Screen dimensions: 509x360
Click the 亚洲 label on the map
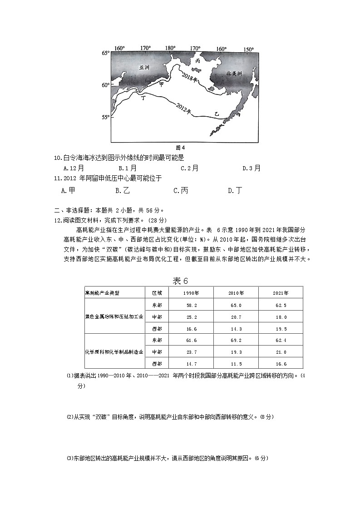click(x=144, y=67)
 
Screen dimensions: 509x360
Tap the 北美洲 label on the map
click(x=235, y=73)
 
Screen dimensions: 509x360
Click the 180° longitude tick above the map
click(x=170, y=49)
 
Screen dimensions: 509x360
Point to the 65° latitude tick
click(x=105, y=53)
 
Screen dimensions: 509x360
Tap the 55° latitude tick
click(x=105, y=117)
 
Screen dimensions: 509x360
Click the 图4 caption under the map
click(x=180, y=148)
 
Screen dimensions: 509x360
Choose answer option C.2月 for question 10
click(x=189, y=168)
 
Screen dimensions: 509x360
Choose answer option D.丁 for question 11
click(x=235, y=191)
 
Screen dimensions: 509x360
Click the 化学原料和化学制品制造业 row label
click(x=114, y=352)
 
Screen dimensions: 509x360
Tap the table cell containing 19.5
click(x=281, y=329)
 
